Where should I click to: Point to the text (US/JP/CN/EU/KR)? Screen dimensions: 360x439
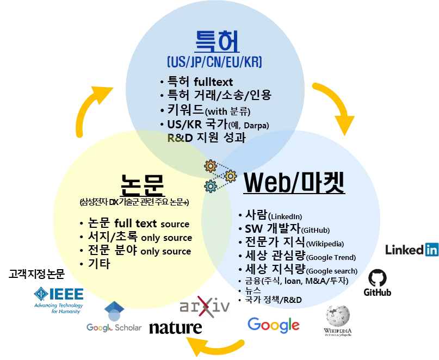tap(215, 61)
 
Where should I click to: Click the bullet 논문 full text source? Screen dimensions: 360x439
tap(138, 224)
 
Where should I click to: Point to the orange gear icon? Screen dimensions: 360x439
tap(230, 176)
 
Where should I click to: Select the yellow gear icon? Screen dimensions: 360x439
tap(209, 165)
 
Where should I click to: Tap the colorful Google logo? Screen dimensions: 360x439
tap(274, 325)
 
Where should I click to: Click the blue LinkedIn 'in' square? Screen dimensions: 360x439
tap(432, 250)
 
